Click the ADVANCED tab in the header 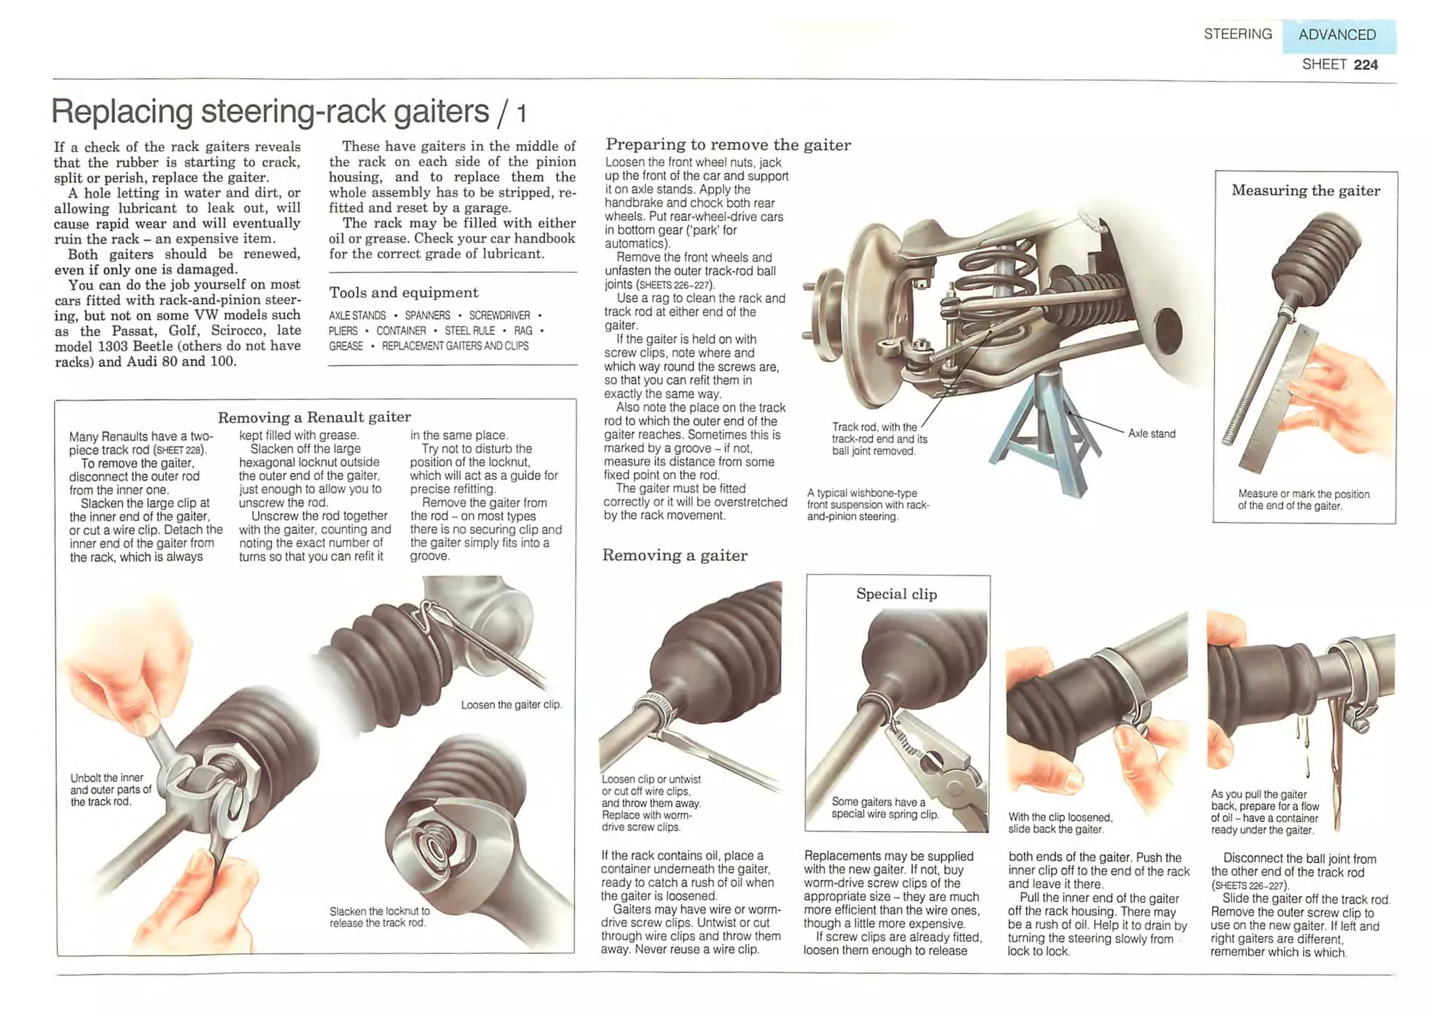pos(1337,35)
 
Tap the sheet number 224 pos(1365,65)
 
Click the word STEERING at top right pos(1237,34)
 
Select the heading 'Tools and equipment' pos(404,293)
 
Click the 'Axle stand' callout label pos(1151,433)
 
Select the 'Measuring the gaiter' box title pos(1306,190)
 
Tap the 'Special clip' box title pos(896,594)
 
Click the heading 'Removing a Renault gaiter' pos(314,417)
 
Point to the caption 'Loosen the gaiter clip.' pos(511,705)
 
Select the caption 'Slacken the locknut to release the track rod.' pos(379,917)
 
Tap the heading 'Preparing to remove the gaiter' pos(728,145)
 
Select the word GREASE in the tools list pos(346,347)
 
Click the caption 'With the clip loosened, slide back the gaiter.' pos(1059,823)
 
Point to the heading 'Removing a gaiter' pos(675,556)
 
